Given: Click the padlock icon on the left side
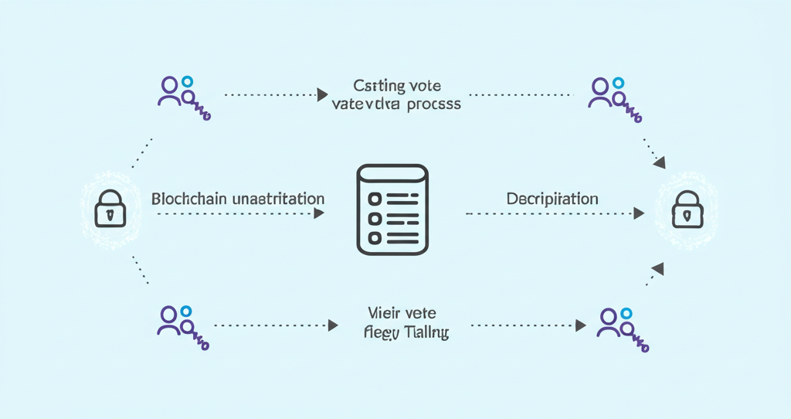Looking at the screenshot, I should [109, 209].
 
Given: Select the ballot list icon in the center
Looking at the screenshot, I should [392, 209].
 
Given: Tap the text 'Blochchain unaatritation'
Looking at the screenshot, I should [238, 199].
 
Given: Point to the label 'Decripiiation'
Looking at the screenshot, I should [552, 199].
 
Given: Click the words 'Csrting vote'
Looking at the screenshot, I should [396, 86].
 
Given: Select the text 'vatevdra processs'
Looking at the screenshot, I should [396, 104].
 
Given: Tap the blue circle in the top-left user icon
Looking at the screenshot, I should [188, 80].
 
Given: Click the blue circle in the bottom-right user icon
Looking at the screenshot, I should [626, 313].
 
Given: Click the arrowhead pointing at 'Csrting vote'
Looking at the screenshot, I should [322, 95].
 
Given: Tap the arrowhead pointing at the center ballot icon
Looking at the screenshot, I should [319, 213].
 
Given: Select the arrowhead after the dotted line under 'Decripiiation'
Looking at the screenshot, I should [639, 213].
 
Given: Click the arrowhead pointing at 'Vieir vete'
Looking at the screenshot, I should [332, 325].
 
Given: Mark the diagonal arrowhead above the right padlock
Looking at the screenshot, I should [658, 162].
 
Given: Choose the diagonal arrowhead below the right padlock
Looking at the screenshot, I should [657, 268].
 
